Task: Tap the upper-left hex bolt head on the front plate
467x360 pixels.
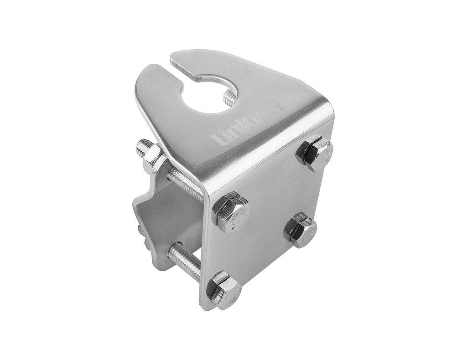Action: coord(231,212)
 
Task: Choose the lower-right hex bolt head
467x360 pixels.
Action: coord(301,230)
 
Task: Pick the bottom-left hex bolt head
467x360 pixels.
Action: coord(223,290)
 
